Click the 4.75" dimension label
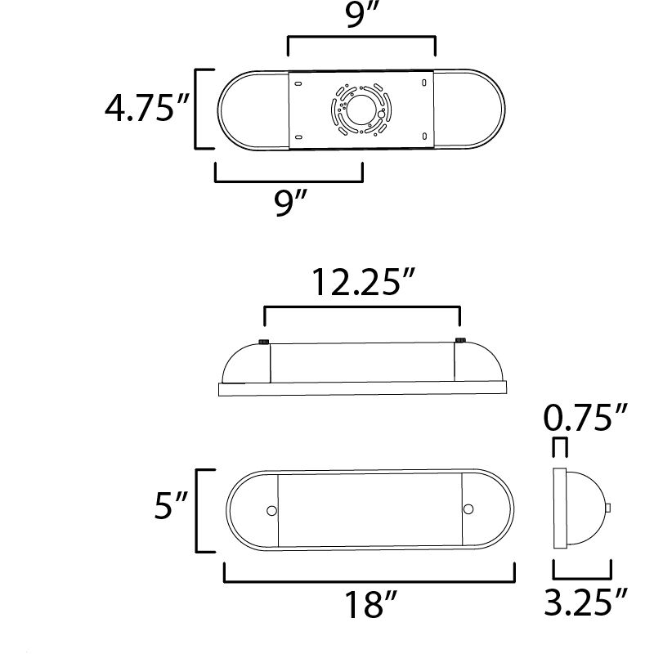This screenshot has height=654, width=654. click(x=146, y=109)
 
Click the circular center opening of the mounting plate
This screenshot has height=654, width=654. click(x=361, y=110)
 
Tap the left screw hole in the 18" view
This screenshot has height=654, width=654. click(x=271, y=510)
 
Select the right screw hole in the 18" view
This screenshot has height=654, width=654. click(x=468, y=510)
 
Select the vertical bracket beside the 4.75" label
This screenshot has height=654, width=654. click(x=197, y=109)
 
